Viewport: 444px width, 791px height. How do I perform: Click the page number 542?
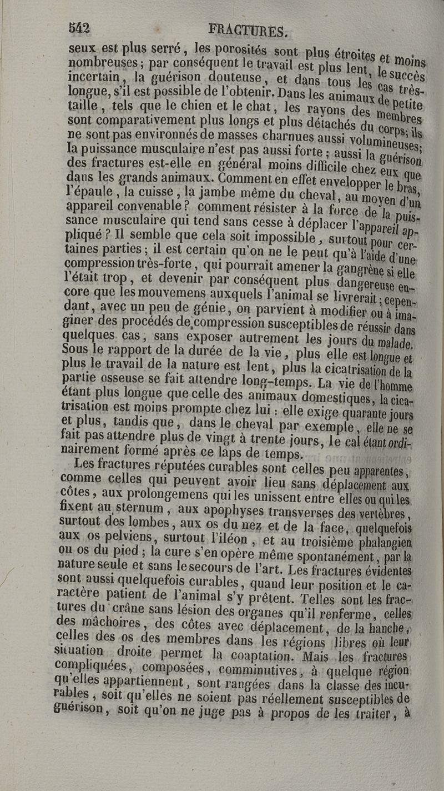pyautogui.click(x=79, y=27)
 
